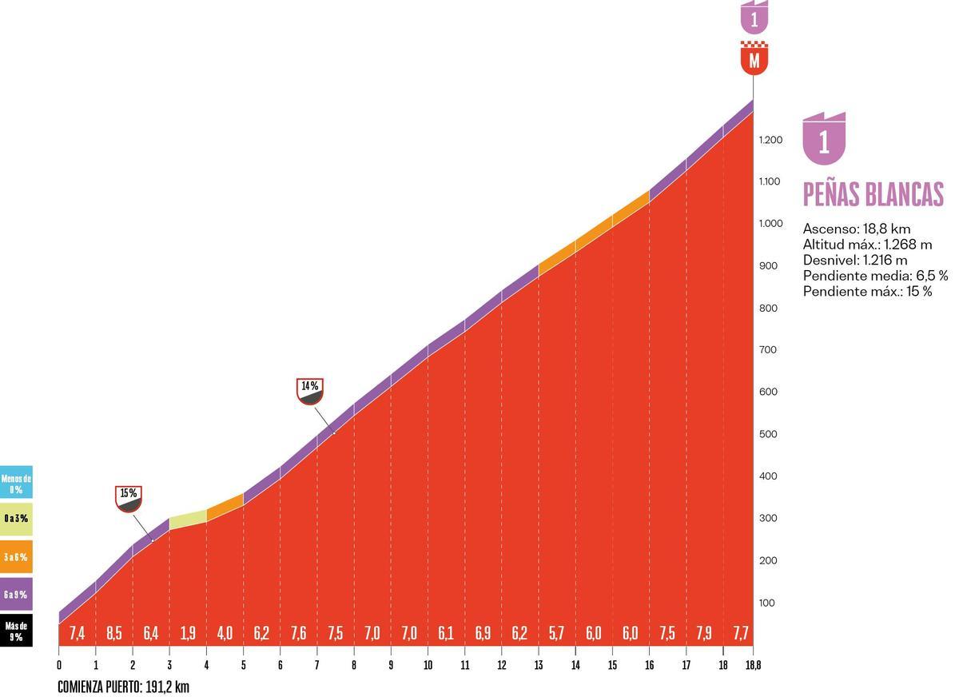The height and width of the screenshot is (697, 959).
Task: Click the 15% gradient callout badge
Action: tap(129, 499)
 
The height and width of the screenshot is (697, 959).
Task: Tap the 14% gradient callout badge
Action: tap(310, 392)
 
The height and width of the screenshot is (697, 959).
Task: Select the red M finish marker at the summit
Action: tap(754, 58)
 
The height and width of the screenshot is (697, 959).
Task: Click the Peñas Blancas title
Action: tap(873, 194)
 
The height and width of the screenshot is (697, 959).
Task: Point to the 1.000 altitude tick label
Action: tap(770, 224)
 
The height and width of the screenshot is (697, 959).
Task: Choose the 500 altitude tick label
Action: tap(768, 434)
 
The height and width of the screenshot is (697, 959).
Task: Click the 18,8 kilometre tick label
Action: tap(754, 665)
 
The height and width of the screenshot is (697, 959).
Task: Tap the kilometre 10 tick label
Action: tap(428, 665)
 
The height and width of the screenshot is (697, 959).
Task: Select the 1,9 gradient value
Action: tap(188, 633)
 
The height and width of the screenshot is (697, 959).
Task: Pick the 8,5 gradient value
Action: tap(113, 633)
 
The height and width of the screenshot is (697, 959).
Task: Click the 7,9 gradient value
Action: tap(704, 633)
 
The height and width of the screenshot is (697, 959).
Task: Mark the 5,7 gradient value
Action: tap(556, 633)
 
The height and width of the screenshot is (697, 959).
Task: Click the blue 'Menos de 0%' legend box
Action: tap(16, 482)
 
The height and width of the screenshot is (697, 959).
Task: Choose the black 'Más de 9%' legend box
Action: tap(16, 631)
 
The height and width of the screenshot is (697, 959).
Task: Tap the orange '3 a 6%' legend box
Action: tap(16, 556)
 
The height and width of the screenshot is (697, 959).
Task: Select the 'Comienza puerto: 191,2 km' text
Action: tap(123, 687)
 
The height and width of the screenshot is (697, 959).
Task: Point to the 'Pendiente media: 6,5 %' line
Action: tap(876, 276)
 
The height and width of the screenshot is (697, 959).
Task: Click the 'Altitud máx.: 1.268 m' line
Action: tap(867, 245)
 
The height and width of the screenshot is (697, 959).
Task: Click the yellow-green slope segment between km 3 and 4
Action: tap(188, 520)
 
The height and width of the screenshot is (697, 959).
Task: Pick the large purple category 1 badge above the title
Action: tap(824, 139)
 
